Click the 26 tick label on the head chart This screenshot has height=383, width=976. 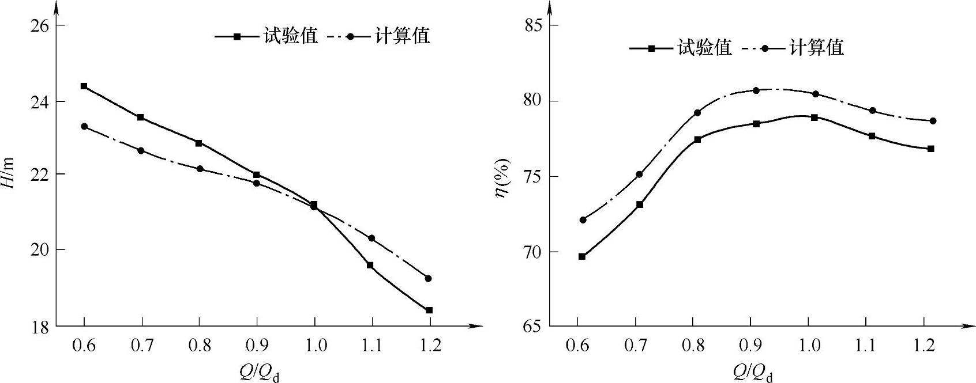pos(38,26)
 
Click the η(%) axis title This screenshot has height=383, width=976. pos(503,177)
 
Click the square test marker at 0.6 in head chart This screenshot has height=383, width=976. pos(84,86)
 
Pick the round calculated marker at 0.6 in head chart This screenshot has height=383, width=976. pos(84,126)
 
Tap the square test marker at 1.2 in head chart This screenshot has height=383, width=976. pos(429,310)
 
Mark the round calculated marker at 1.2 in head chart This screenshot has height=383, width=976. pos(428,279)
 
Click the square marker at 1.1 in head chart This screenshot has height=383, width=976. pos(370,266)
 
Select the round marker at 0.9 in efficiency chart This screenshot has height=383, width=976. pos(756,90)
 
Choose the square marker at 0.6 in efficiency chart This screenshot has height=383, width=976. pos(582,256)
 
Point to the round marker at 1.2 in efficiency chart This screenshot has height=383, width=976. pos(933,121)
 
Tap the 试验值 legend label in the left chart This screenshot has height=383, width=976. pos(291,36)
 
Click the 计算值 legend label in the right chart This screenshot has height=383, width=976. pos(816,47)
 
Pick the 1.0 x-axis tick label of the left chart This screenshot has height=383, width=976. pos(314,346)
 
